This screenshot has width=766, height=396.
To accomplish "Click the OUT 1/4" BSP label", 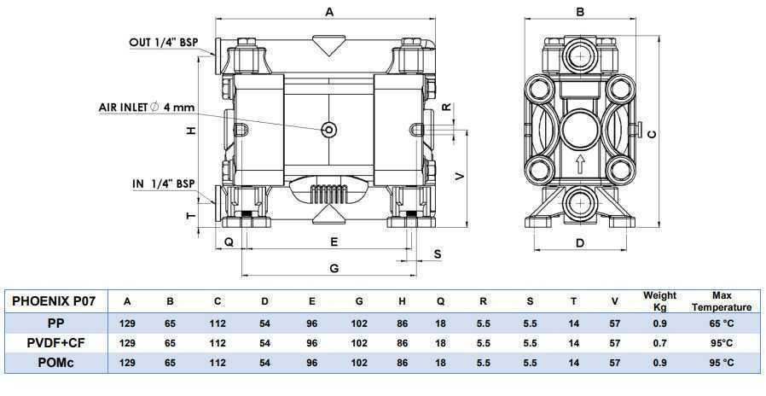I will (x=167, y=42).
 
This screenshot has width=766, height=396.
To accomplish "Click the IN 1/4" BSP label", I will (x=164, y=183).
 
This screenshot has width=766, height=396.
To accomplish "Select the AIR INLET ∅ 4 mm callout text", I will (x=146, y=108).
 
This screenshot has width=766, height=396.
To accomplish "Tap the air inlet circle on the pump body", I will (x=328, y=130).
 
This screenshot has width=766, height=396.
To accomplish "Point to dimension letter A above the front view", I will (x=329, y=11).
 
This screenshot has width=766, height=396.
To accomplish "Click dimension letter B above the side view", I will (x=580, y=12).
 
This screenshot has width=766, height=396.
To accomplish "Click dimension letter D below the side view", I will (x=580, y=243).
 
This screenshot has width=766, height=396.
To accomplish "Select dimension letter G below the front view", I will (x=334, y=268).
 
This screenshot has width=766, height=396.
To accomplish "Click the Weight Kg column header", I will (x=659, y=301).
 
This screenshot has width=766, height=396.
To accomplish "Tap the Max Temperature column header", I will (x=722, y=301).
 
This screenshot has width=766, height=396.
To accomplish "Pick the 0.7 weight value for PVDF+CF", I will (x=659, y=343).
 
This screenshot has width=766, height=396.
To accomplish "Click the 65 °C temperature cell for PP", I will (x=721, y=323).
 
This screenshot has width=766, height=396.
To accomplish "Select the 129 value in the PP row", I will (x=127, y=323).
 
